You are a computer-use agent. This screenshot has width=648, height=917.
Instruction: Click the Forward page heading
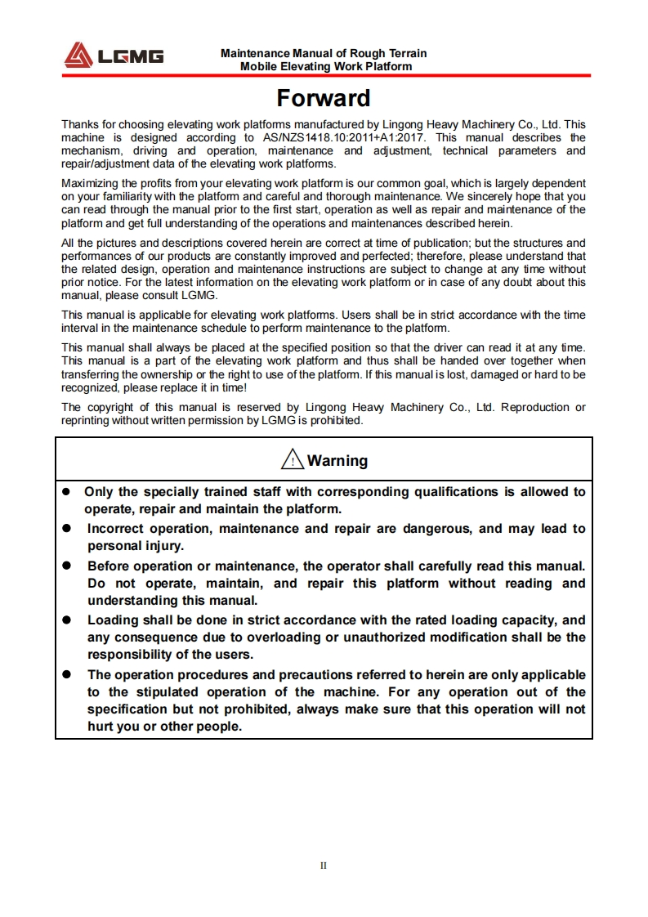point(324,98)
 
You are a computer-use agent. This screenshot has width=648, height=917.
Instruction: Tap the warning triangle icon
point(292,461)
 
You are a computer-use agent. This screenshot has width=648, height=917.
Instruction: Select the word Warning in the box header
point(337,461)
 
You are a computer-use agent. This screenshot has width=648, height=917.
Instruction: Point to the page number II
point(324,866)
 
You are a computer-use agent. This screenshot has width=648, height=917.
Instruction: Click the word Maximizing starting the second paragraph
point(90,183)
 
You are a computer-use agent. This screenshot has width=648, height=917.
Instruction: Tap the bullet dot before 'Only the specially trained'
point(69,492)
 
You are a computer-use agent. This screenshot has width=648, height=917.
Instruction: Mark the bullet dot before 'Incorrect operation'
point(69,529)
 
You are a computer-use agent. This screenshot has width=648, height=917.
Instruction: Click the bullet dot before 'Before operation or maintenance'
point(69,566)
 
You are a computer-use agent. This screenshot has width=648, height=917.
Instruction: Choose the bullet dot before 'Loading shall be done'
point(69,620)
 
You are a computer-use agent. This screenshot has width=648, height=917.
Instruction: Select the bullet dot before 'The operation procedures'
point(69,675)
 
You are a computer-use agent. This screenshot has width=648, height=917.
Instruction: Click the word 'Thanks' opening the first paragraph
point(79,125)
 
